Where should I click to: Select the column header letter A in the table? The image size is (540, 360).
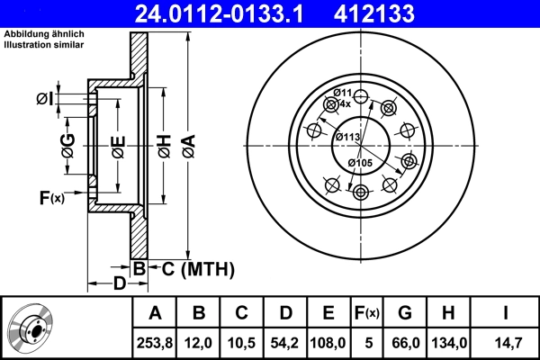[x=155, y=313]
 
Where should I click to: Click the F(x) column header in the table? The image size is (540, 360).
[x=367, y=313]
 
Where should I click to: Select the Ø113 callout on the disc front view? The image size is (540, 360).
[x=347, y=137]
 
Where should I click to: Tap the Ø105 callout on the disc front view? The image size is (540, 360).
[x=361, y=162]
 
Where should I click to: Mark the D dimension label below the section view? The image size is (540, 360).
[x=119, y=284]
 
